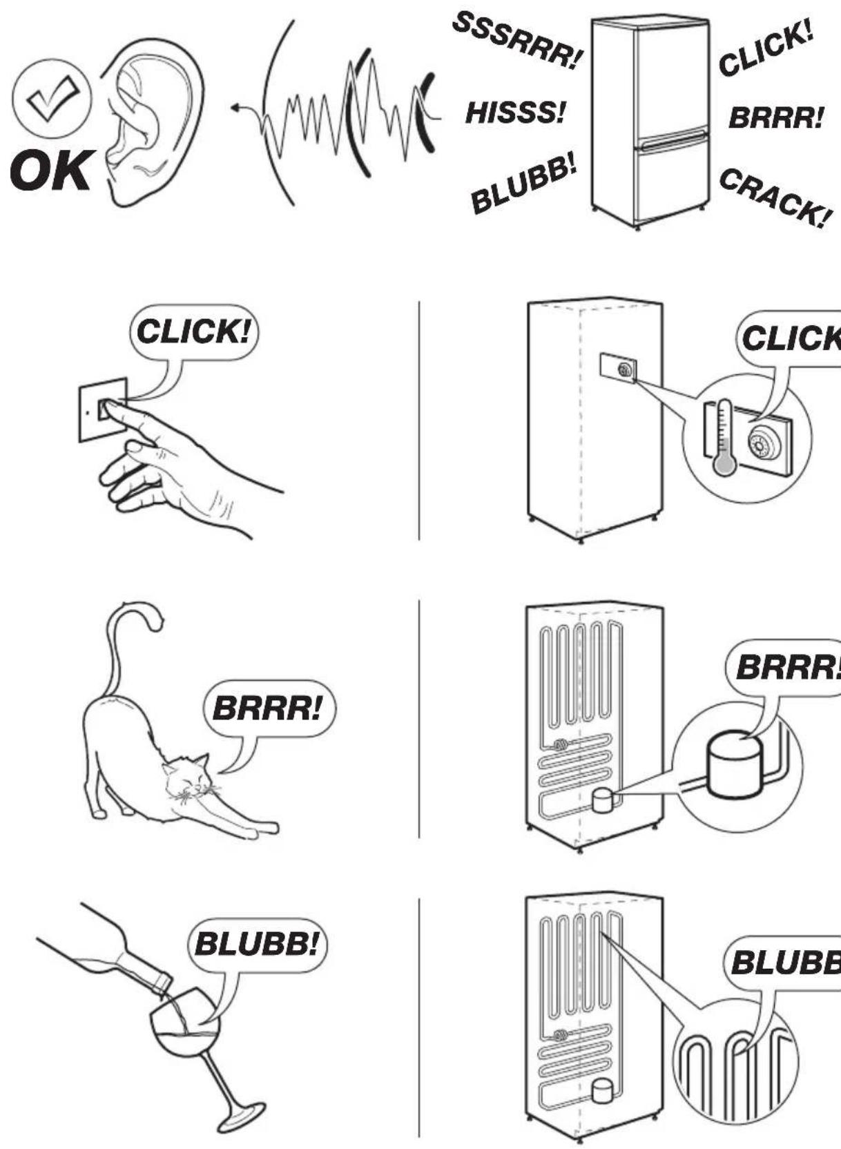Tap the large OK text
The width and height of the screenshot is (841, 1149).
[x=50, y=171]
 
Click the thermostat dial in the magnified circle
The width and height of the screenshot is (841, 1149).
[x=763, y=444]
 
